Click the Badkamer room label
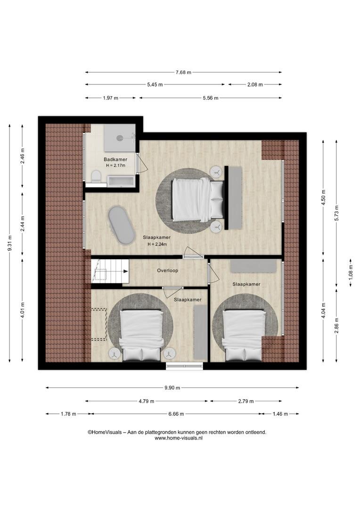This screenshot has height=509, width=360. pos(115,159)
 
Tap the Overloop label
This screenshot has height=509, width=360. pos(167,271)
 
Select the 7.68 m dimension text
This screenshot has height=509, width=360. pos(183,73)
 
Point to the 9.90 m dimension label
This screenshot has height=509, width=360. pos(172,387)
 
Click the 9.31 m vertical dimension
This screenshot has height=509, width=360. pos(10,243)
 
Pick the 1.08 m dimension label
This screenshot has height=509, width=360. pos(351,273)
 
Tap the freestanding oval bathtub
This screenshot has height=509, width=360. pos(121,225)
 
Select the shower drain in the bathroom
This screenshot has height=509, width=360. pos(120,138)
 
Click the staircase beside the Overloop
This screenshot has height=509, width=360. pos(110,271)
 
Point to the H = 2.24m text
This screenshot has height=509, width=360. pos(157,244)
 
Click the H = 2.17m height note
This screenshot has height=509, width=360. pos(115,165)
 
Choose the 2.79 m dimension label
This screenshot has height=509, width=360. pos(246,401)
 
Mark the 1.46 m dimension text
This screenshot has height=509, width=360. pos(280,414)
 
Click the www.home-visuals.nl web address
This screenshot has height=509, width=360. pos(179,438)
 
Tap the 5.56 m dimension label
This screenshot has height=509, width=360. pos(210,98)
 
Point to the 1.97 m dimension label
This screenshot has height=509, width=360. pos(110,98)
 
